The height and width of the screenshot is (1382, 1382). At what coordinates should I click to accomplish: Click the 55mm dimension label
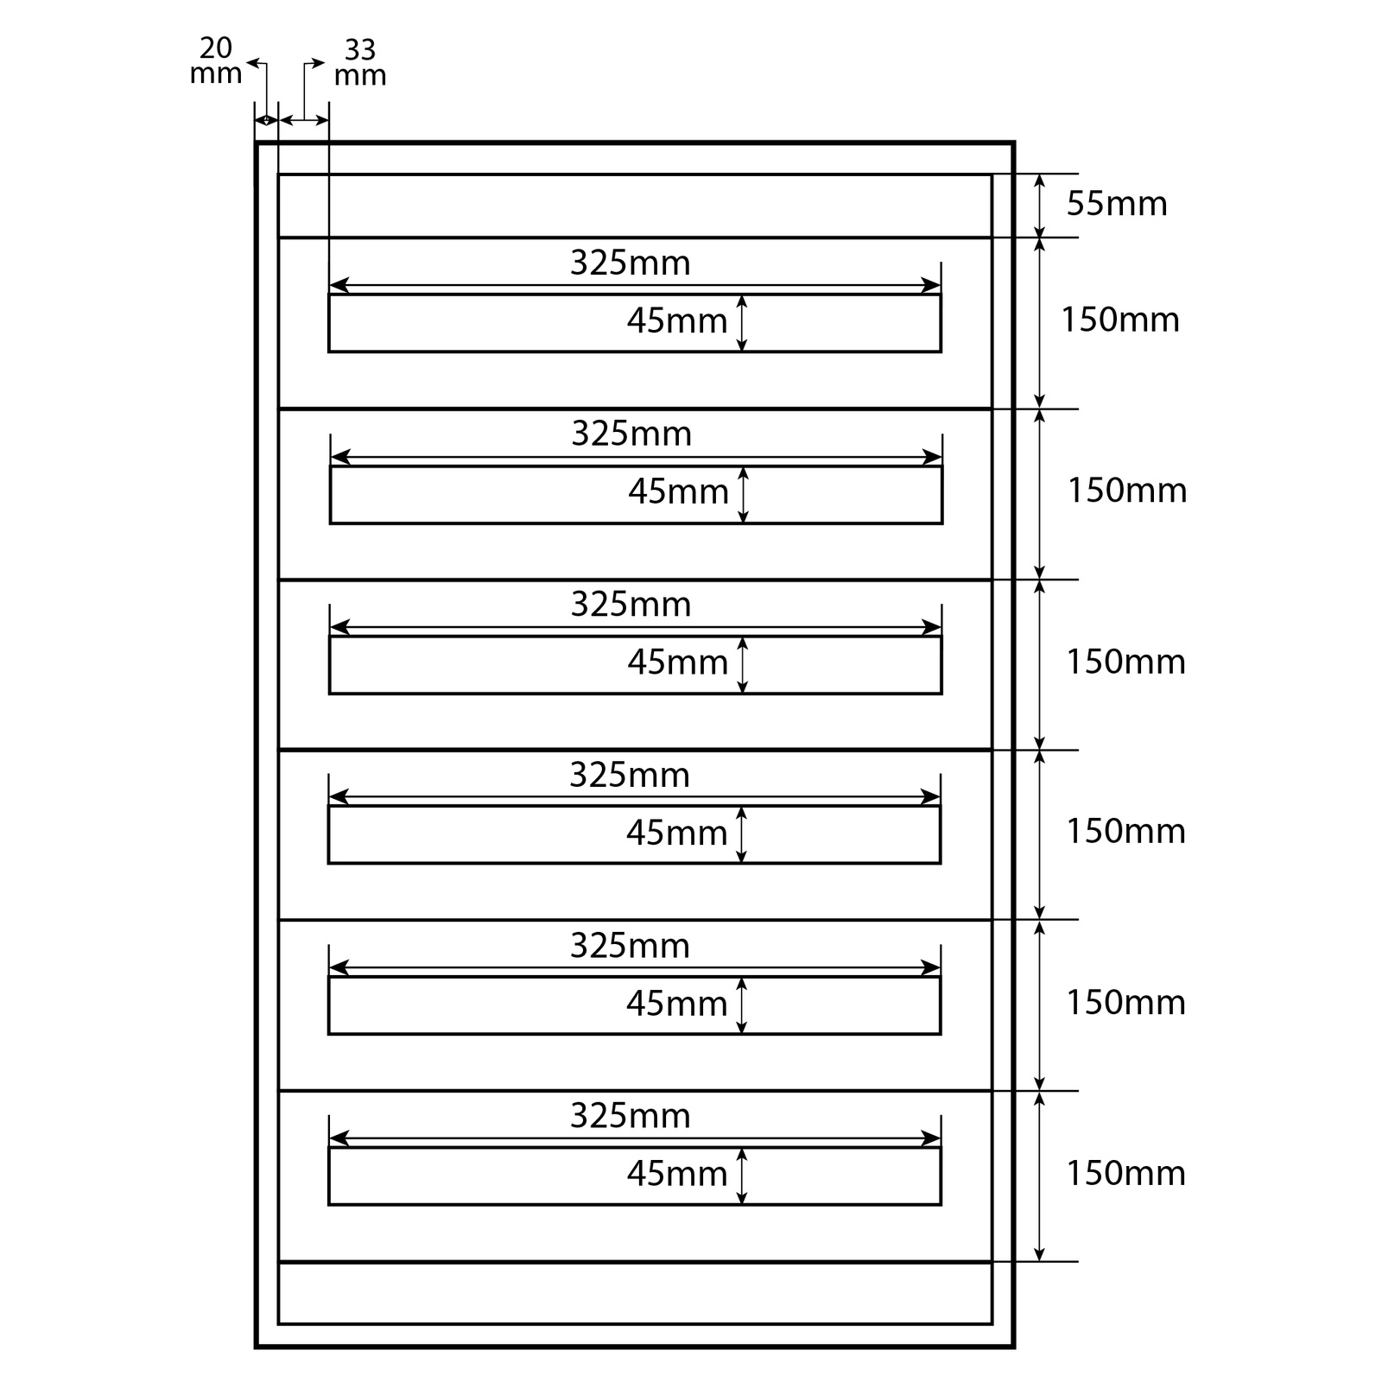pos(1116,204)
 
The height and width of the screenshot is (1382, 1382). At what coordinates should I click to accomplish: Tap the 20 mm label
pos(215,60)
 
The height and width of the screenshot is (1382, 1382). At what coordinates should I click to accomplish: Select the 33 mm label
pos(359,62)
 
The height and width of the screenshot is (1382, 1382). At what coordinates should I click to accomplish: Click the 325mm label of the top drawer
pos(630,263)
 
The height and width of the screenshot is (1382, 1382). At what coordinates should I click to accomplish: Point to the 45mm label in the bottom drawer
pos(677,1174)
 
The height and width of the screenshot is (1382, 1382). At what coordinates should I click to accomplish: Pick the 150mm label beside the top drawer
pos(1119,320)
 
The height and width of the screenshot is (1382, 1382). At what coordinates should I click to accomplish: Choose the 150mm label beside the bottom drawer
pos(1125,1173)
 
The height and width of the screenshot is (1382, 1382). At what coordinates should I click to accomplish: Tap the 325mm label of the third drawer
pos(631,605)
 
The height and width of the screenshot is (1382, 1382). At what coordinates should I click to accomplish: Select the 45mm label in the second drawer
pos(678,491)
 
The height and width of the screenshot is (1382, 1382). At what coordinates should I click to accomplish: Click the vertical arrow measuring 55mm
pos(1040,206)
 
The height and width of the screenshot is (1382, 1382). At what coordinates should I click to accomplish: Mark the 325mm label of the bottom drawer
pos(630,1116)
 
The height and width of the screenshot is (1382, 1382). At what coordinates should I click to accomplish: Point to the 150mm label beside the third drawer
pos(1125,662)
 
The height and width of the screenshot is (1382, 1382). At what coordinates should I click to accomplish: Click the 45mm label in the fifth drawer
pos(676,1004)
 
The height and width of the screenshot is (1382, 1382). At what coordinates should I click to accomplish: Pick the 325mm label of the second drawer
pos(631,434)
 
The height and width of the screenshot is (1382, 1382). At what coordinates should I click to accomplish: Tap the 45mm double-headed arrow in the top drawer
pos(741,323)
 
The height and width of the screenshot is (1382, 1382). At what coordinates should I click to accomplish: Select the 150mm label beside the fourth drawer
pos(1125,831)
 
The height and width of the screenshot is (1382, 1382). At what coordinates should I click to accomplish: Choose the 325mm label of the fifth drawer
pos(630,946)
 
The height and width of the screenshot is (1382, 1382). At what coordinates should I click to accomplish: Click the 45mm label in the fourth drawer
pos(676,833)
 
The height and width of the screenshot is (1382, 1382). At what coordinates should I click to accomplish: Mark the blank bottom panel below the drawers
pos(635,1292)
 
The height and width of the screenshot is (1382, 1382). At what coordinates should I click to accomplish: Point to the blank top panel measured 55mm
pos(635,206)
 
